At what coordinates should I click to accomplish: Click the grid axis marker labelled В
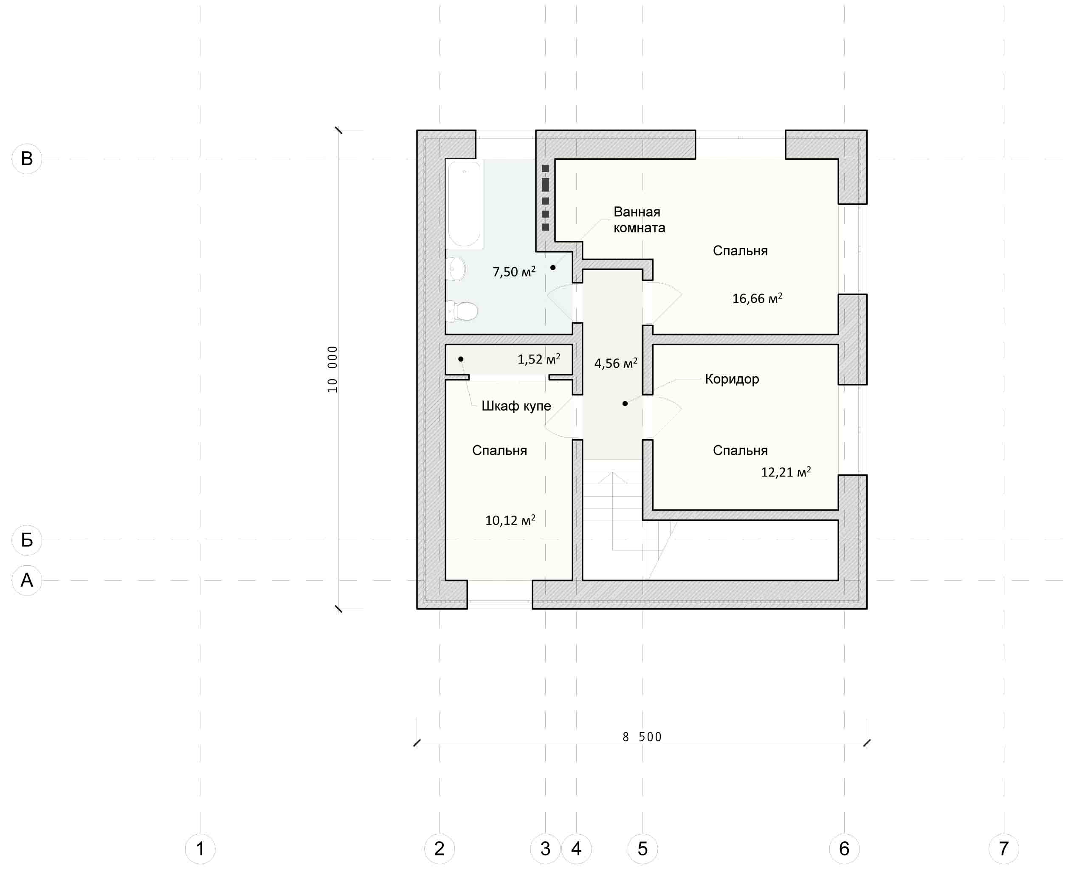tap(26, 159)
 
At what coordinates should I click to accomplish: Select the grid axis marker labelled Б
tap(26, 539)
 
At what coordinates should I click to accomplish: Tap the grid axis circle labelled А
tap(26, 580)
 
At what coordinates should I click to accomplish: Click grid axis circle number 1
tap(200, 849)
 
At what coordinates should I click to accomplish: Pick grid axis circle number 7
tap(1004, 849)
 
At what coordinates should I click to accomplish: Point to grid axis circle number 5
tap(642, 849)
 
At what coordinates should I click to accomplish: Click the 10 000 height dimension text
tap(333, 370)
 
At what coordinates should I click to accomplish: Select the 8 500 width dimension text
tap(642, 737)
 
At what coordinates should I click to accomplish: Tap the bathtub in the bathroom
tap(465, 204)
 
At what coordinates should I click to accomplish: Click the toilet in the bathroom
tap(462, 311)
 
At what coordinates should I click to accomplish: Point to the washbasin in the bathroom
tap(455, 269)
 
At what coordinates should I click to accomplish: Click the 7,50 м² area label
tap(514, 271)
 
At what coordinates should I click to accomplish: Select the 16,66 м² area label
tap(757, 298)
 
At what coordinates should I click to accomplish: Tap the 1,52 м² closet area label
tap(539, 359)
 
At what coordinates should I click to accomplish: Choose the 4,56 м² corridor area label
tap(616, 363)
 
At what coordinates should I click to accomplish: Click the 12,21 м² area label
tap(786, 472)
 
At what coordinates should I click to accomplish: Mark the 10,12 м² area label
tap(510, 520)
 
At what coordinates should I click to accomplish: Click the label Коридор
tap(732, 379)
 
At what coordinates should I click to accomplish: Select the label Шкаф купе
tap(516, 406)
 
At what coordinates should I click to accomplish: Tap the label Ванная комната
tap(639, 220)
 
